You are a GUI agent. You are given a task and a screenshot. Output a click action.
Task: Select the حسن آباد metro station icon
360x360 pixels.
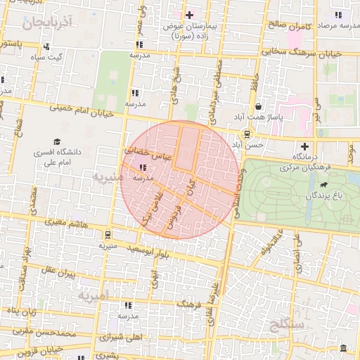(x=247, y=133)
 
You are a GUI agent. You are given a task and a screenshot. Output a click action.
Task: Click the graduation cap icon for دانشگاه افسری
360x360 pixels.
(x=56, y=141)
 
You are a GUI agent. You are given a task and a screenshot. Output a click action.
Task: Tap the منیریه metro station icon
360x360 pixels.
(x=107, y=234)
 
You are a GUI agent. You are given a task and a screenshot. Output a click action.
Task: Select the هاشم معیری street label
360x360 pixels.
(x=67, y=222)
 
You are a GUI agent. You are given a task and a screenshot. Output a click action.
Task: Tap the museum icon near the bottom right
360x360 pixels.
(x=343, y=349)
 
